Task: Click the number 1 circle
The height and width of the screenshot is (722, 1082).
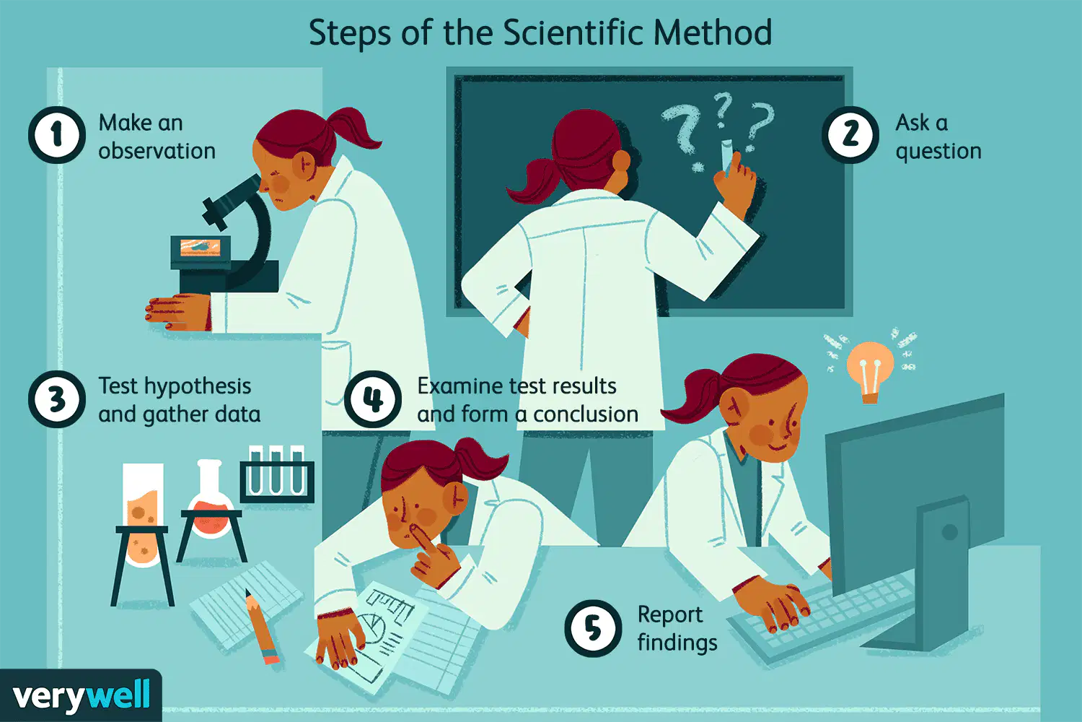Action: pos(57,135)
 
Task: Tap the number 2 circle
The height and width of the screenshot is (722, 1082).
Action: pos(850,135)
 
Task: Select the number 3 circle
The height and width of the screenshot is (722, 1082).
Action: pos(57,399)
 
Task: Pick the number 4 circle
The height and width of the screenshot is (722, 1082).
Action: pos(372,399)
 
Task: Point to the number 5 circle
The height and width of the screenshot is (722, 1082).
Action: pos(593,628)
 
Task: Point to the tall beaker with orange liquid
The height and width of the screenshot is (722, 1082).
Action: pos(143,515)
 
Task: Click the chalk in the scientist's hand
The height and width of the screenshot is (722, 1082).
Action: pos(726,155)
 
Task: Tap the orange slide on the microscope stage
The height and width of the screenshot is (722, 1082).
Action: pos(200,247)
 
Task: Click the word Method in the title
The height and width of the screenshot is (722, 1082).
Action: pos(713,33)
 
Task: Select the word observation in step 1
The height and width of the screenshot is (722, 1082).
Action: pos(157,151)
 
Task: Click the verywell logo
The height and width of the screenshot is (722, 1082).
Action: pos(81,695)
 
